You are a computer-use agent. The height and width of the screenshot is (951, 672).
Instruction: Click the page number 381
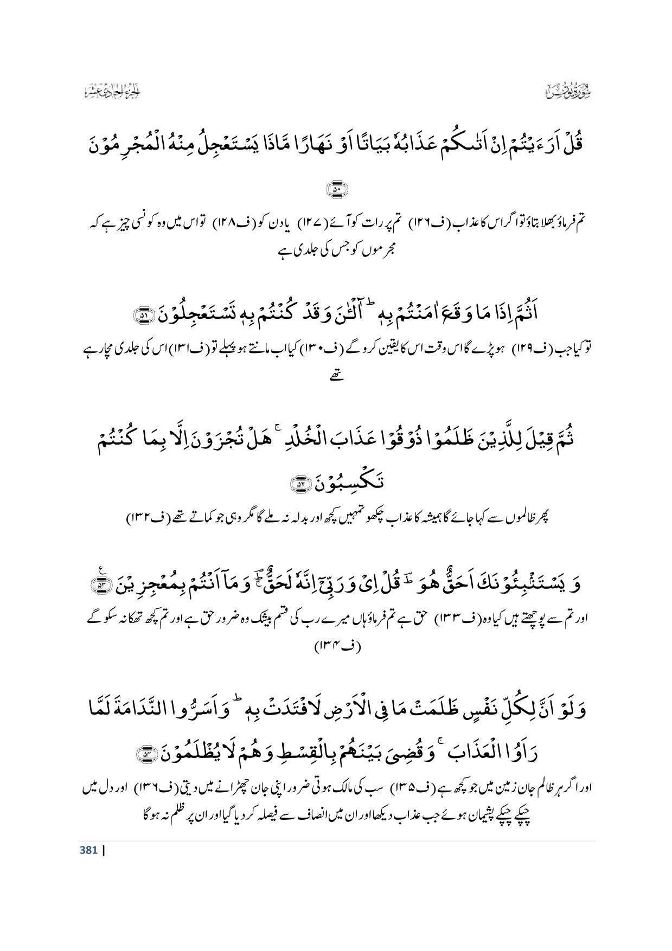88,850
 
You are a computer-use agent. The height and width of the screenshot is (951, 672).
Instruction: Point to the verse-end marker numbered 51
145,315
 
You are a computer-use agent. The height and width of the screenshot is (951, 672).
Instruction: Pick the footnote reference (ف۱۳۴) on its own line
337,646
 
